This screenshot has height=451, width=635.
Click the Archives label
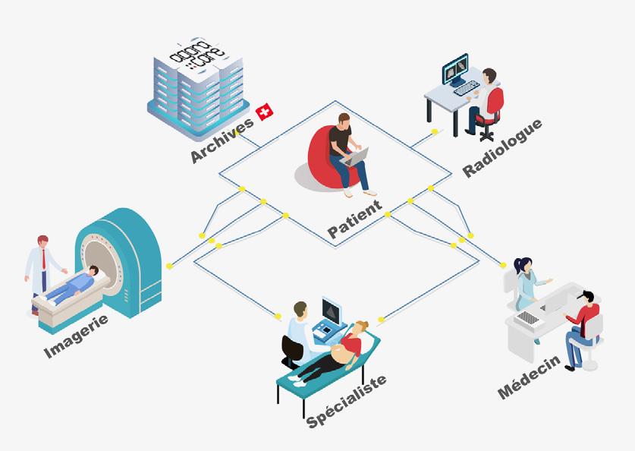[222, 140]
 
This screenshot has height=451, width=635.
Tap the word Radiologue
[503, 148]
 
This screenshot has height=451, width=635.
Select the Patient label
[354, 221]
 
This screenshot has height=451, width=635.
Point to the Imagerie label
[76, 336]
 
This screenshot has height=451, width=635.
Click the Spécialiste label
[346, 401]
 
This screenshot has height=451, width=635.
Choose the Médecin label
[530, 377]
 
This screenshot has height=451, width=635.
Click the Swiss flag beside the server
[265, 112]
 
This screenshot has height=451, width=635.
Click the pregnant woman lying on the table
[341, 349]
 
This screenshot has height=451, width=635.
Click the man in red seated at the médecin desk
[583, 319]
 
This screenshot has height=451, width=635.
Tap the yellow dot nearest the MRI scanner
[169, 265]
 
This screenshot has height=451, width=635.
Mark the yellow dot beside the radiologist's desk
[434, 132]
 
